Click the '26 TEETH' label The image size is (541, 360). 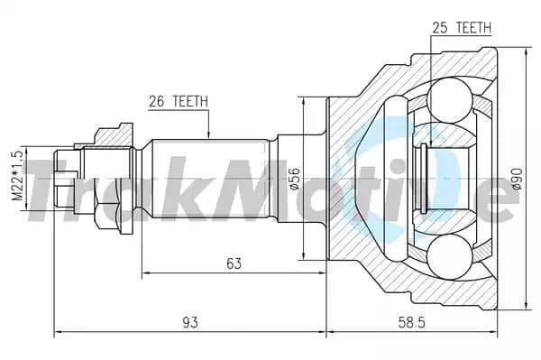click(179, 101)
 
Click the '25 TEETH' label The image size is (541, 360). click(462, 27)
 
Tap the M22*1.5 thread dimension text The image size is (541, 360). click(17, 176)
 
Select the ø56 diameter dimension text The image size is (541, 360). click(295, 178)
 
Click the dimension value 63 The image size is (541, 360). click(234, 263)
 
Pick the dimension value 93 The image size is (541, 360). click(190, 322)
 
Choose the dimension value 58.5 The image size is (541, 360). click(412, 322)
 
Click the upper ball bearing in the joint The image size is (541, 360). click(449, 100)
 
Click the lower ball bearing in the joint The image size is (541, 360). click(449, 256)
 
